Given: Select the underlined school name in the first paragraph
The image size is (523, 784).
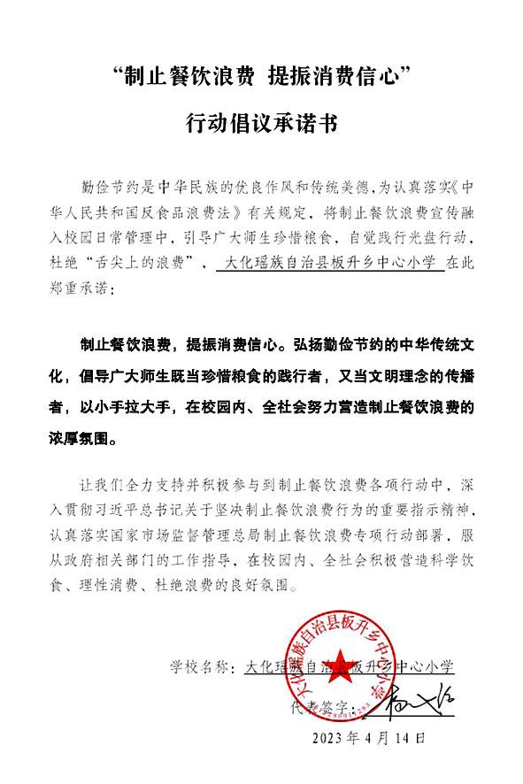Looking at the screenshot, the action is (330, 263).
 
